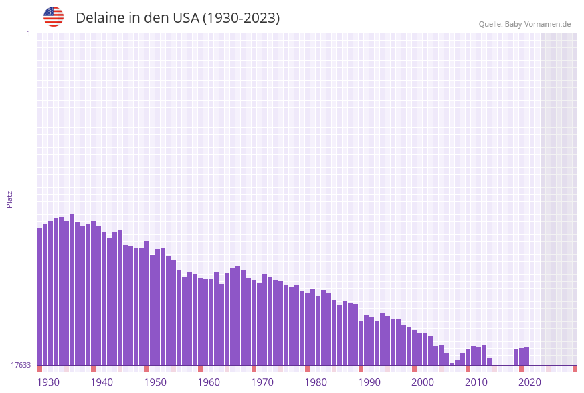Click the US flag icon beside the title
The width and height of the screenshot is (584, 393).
[54, 17]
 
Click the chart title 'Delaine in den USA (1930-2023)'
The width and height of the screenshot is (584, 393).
[177, 18]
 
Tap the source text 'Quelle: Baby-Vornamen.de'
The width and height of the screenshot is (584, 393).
[524, 25]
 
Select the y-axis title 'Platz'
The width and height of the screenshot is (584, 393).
[10, 199]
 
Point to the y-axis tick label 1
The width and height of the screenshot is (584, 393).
[28, 33]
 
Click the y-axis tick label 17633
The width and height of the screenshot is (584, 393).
[21, 365]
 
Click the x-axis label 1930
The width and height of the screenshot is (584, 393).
[48, 382]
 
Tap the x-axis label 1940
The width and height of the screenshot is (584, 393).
[102, 382]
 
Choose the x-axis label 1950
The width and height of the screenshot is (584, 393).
[155, 382]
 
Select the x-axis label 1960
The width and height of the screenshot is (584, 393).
[209, 382]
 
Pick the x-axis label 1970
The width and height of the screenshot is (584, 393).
[262, 382]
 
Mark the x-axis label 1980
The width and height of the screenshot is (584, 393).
[316, 382]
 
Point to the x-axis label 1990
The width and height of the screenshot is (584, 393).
[369, 382]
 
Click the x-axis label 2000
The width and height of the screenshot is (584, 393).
[423, 382]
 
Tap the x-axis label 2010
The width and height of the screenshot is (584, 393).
[476, 382]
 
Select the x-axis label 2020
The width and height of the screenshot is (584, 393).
[530, 382]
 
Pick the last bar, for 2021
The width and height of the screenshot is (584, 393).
[526, 356]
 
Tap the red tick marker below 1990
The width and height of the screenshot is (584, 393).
[361, 368]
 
